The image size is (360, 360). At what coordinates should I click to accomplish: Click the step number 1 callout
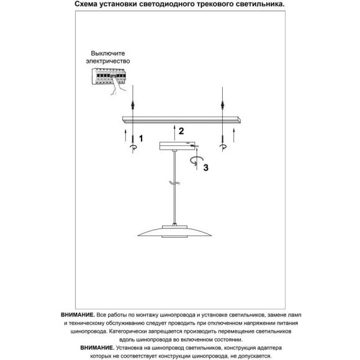point(141,138)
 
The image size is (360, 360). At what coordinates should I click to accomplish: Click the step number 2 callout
point(181,131)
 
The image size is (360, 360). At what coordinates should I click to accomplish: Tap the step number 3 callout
point(205,168)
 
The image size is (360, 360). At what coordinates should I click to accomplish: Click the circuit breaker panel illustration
point(109,76)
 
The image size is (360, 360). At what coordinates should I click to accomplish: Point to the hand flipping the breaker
point(117,86)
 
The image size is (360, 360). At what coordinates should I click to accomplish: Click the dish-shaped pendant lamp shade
point(174,232)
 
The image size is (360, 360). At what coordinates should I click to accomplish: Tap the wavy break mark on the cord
point(174,182)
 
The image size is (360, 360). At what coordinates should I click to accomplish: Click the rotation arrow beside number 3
point(196,161)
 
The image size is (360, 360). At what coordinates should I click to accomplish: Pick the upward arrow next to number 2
point(174,133)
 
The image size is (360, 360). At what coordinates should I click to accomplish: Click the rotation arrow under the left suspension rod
point(133,147)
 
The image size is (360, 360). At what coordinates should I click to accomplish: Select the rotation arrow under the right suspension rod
point(223,147)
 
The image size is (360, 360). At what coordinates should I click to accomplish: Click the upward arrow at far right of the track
point(234,135)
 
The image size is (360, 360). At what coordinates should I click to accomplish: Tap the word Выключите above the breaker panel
point(108,53)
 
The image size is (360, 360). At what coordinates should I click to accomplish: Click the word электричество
point(108,61)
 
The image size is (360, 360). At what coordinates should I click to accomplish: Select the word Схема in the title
point(86,4)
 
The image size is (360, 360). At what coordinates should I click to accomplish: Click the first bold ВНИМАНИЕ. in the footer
point(78,315)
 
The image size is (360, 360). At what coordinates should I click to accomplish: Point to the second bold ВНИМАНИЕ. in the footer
point(97,348)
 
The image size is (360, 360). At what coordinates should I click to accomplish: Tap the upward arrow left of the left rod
point(125,135)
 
